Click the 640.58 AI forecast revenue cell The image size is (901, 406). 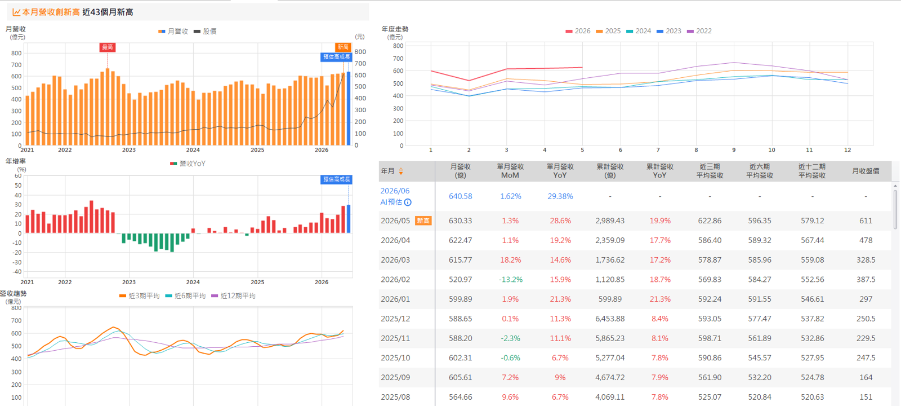(x=461, y=196)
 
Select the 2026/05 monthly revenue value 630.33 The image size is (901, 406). (x=461, y=220)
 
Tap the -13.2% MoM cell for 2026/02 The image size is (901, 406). (x=510, y=280)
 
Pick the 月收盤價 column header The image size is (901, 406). (x=866, y=171)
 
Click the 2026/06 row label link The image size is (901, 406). (x=395, y=191)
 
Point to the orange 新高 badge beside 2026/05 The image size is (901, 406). (x=423, y=220)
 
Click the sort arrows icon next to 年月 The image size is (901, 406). (x=400, y=171)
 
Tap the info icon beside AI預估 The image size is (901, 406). (x=408, y=202)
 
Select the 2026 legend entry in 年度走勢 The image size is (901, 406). (x=578, y=31)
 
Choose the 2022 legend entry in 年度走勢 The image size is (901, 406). (x=699, y=31)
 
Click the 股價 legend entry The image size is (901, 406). (x=205, y=32)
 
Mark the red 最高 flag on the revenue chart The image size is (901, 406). (x=108, y=47)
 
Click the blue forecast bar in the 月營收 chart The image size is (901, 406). (x=349, y=108)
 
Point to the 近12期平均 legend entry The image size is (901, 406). (x=233, y=296)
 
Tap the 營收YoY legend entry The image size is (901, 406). (x=188, y=164)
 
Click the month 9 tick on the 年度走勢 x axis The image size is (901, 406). (x=734, y=150)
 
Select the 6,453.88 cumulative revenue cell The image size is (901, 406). (x=610, y=319)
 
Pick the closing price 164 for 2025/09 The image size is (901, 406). (x=866, y=377)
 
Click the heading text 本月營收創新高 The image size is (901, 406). (x=51, y=12)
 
